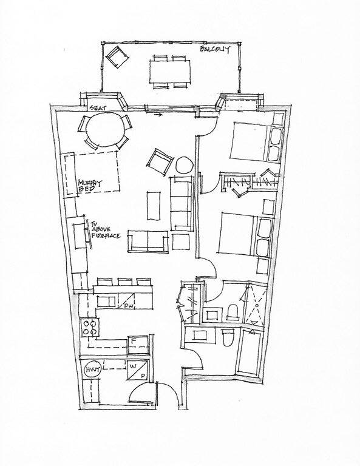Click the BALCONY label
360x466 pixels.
coord(215,49)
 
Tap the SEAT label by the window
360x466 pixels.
coord(98,108)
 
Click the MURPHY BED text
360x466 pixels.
coord(89,186)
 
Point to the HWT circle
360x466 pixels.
coord(93,370)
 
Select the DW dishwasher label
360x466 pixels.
coord(129,306)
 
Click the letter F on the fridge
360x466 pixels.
coord(134,341)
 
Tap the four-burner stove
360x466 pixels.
coord(90,328)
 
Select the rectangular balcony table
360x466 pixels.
coord(170,72)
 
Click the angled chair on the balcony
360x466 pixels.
coord(117,56)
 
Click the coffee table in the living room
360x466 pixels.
coord(154,206)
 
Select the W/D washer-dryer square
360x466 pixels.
coord(138,370)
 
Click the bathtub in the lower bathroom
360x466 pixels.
coord(249,352)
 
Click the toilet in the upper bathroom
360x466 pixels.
coord(233,312)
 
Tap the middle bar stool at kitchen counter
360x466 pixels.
coord(125,282)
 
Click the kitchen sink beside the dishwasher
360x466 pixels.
coord(106,302)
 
